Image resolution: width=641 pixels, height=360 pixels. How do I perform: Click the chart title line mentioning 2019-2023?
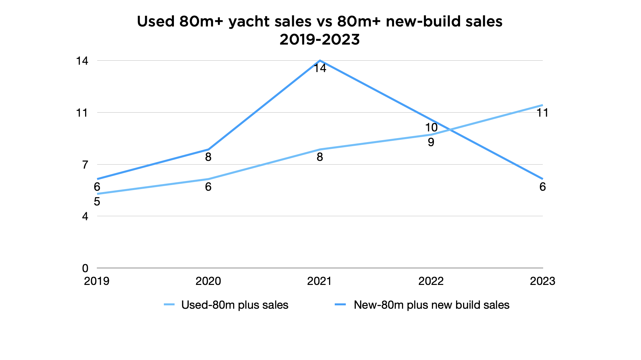[320, 40]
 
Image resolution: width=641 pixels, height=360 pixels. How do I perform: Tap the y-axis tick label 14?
[82, 61]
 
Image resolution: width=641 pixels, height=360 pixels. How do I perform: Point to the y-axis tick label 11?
[82, 113]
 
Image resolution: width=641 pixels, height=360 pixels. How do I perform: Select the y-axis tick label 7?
[85, 165]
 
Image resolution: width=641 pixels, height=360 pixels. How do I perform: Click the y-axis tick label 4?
[85, 217]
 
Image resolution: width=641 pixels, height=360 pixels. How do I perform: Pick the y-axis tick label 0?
[85, 268]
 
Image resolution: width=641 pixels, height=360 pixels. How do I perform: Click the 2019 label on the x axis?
[97, 281]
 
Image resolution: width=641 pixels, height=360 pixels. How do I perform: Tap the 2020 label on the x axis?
[208, 281]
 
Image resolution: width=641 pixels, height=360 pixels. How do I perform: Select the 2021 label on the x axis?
[319, 281]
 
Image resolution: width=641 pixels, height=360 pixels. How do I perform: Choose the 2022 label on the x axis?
[431, 281]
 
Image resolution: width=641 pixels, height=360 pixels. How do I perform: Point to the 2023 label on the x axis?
[542, 281]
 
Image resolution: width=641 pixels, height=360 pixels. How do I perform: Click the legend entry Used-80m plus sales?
[235, 305]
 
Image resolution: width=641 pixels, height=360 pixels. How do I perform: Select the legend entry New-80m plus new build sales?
[431, 305]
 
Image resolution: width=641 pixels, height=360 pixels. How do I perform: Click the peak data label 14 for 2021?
[320, 68]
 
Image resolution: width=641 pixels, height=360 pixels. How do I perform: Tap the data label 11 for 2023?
[542, 113]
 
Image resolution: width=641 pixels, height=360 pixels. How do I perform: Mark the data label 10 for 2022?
[431, 128]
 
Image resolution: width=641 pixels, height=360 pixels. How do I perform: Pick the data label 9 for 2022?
[431, 142]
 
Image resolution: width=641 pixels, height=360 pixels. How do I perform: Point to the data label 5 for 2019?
[97, 202]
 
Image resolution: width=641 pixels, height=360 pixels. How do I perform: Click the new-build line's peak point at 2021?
[320, 61]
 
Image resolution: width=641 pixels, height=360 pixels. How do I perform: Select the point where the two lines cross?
[450, 129]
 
